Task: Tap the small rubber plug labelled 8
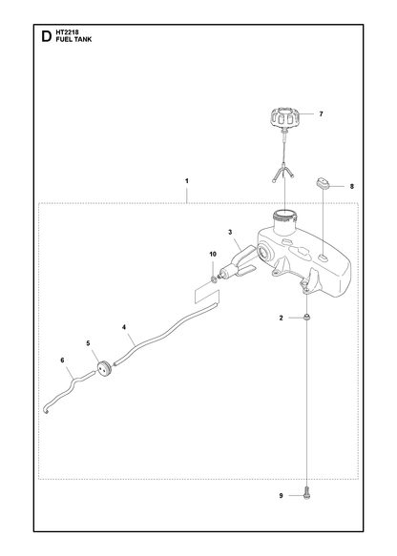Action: pyautogui.click(x=323, y=183)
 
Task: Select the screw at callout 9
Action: pyautogui.click(x=307, y=495)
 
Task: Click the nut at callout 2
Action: pyautogui.click(x=307, y=317)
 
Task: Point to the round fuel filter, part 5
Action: pyautogui.click(x=104, y=369)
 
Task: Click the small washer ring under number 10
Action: pyautogui.click(x=214, y=280)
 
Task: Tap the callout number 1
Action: pyautogui.click(x=187, y=181)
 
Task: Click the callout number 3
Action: pyautogui.click(x=230, y=233)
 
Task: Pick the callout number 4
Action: pyautogui.click(x=124, y=327)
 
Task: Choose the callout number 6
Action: pyautogui.click(x=62, y=360)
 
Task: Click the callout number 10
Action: pyautogui.click(x=213, y=254)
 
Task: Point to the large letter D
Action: pyautogui.click(x=47, y=36)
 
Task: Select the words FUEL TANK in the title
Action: pyautogui.click(x=73, y=39)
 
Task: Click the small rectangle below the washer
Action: pyautogui.click(x=206, y=296)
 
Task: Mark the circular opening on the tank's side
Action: pyautogui.click(x=264, y=253)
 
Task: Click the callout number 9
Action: pyautogui.click(x=281, y=495)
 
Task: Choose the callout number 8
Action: pyautogui.click(x=352, y=186)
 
